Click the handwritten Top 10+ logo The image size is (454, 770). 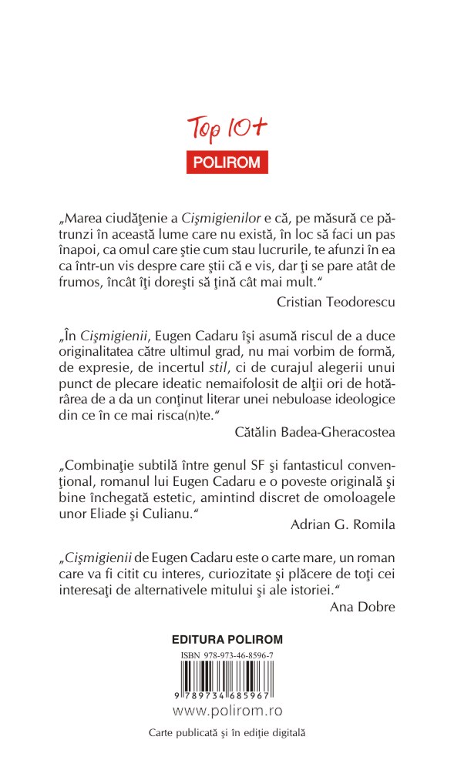click(x=227, y=129)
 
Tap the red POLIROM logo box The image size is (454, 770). click(x=227, y=162)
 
